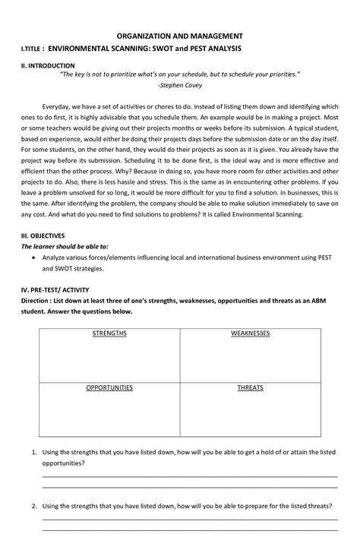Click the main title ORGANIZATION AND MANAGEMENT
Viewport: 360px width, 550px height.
click(x=179, y=36)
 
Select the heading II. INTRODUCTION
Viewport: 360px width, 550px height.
click(x=48, y=66)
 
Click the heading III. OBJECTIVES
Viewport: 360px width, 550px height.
click(x=43, y=235)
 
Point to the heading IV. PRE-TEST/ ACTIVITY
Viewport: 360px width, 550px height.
click(x=57, y=289)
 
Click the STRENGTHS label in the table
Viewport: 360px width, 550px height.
click(x=109, y=333)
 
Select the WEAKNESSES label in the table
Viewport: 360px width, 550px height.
click(x=250, y=333)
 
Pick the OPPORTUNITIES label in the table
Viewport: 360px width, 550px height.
click(x=109, y=387)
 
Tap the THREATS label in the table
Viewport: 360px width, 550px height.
click(x=250, y=387)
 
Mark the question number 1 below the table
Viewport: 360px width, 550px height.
click(x=34, y=452)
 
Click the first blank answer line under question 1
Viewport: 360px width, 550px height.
click(x=189, y=476)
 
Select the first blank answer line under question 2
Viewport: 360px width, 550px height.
click(x=189, y=520)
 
